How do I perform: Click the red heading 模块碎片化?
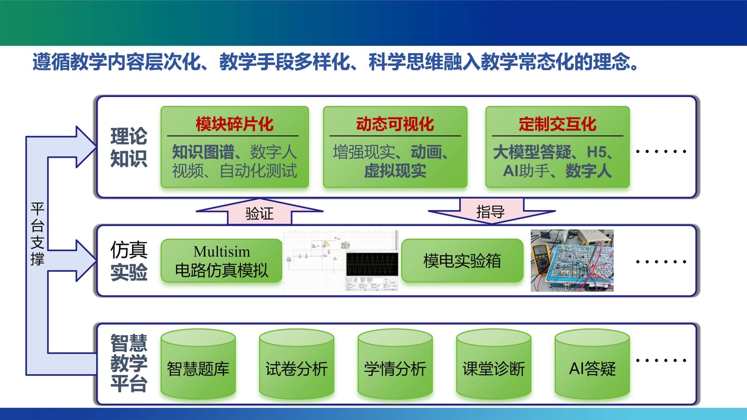234,124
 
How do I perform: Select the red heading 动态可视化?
395,124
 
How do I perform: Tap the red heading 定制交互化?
557,124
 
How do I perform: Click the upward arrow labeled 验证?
259,213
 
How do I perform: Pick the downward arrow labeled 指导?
491,211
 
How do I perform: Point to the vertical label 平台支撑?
37,234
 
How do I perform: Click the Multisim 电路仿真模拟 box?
221,261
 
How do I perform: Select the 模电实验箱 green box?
462,261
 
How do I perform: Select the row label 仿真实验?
129,260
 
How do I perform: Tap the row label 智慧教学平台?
129,364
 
